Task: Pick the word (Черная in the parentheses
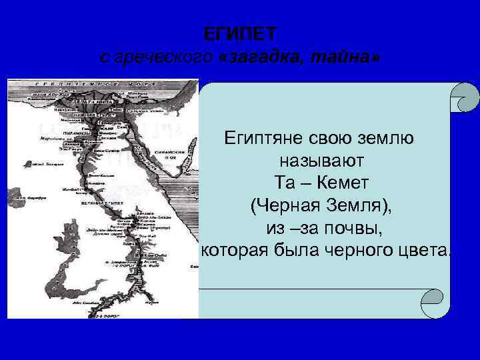pos(283,205)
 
